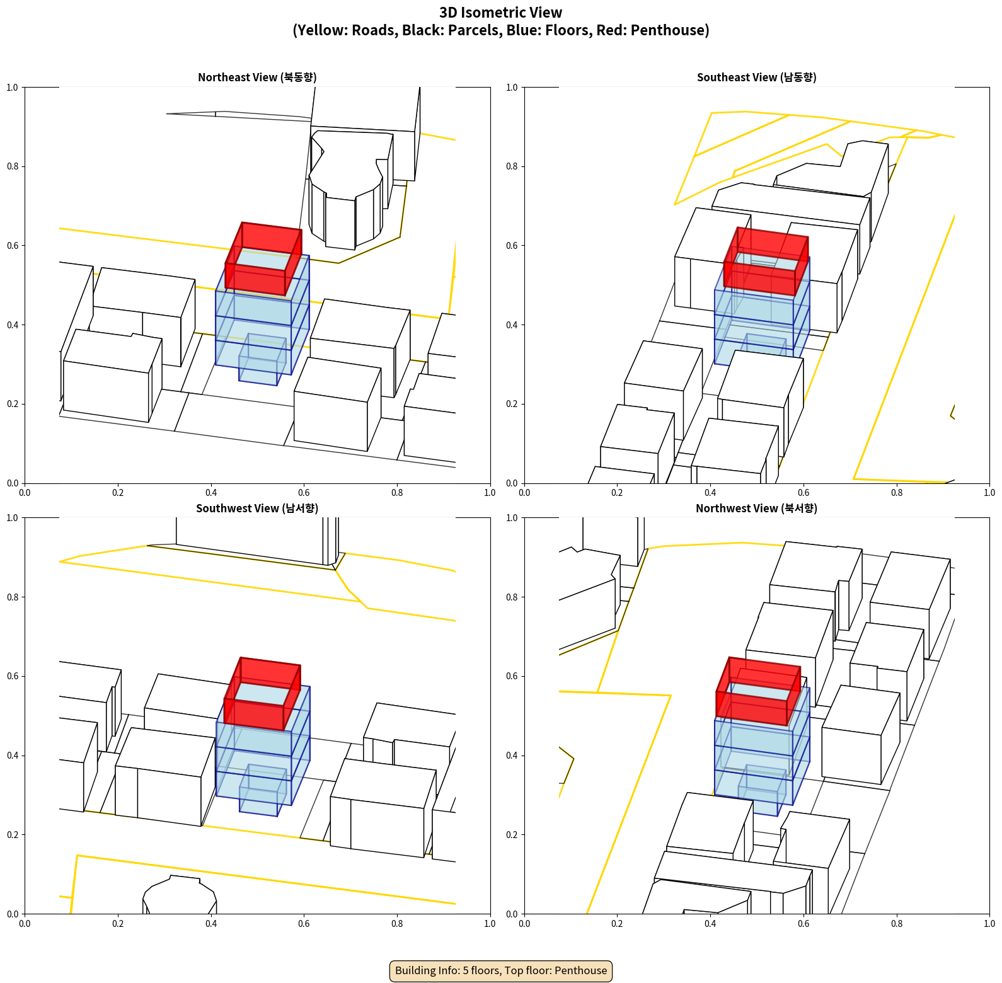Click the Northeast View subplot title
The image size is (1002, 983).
coord(257,77)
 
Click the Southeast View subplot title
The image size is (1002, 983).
coord(756,77)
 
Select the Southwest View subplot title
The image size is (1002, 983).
coord(257,508)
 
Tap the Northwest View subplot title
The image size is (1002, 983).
coord(756,508)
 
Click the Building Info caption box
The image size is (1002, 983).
coord(501,970)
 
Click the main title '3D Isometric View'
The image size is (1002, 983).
coord(501,13)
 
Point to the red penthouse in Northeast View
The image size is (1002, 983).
coord(263,258)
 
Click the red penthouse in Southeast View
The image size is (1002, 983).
coord(766,262)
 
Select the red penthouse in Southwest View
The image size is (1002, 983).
coord(262,694)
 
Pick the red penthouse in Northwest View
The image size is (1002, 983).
coord(758,691)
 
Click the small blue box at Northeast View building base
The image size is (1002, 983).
coord(262,359)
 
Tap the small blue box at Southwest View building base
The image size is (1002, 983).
coord(263,790)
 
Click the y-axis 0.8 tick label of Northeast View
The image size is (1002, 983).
coord(13,166)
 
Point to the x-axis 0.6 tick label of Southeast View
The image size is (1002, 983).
coord(803,493)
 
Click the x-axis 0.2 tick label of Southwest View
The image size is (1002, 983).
coord(118,924)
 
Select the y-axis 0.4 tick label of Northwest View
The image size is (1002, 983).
coord(512,756)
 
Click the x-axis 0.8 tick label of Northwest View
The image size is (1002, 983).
coord(897,924)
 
